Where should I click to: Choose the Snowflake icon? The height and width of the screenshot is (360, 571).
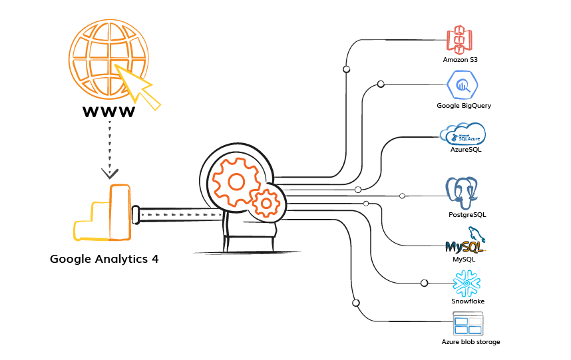[467, 283]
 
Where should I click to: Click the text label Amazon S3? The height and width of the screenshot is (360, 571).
[461, 60]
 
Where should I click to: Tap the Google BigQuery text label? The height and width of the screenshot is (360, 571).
[464, 105]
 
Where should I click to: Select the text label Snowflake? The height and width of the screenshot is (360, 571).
[468, 301]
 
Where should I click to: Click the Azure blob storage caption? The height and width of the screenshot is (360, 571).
[471, 342]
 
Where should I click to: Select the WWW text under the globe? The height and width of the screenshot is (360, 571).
[109, 111]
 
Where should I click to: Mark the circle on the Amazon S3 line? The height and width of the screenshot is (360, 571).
[346, 69]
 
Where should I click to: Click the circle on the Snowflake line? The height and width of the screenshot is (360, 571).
[424, 283]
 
